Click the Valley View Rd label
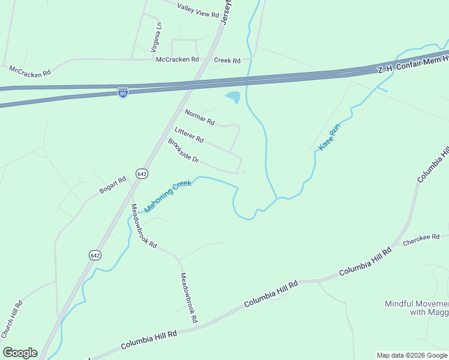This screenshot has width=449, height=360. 199,10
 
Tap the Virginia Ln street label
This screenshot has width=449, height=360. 157,37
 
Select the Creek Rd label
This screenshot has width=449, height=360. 227,61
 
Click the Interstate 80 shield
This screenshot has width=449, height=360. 122,93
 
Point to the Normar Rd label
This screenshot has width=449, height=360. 199,117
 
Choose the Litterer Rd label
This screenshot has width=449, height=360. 189,135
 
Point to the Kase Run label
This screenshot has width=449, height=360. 329,137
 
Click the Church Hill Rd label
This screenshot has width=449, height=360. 11,319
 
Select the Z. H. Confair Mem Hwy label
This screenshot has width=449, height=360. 413,64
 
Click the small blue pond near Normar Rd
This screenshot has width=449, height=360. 233,97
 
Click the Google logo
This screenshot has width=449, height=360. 20,353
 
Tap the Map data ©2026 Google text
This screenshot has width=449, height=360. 412,355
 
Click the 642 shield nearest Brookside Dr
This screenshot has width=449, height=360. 142,173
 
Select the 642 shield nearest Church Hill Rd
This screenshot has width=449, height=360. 95,255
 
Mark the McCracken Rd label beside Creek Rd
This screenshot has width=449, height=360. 177,59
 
